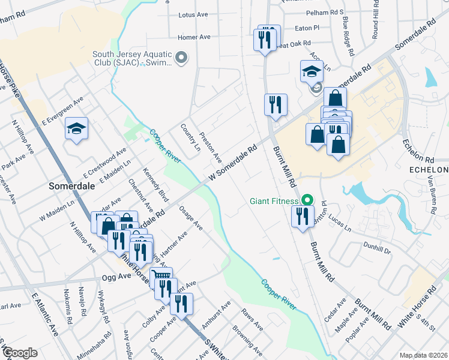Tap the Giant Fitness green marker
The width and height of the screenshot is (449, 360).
click(x=308, y=199)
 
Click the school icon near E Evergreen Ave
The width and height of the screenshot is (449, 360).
click(x=77, y=129)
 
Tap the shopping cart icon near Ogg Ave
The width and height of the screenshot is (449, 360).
click(x=160, y=277)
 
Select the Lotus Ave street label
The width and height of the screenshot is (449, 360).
click(x=193, y=15)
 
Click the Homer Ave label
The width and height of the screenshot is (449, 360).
click(x=194, y=37)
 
